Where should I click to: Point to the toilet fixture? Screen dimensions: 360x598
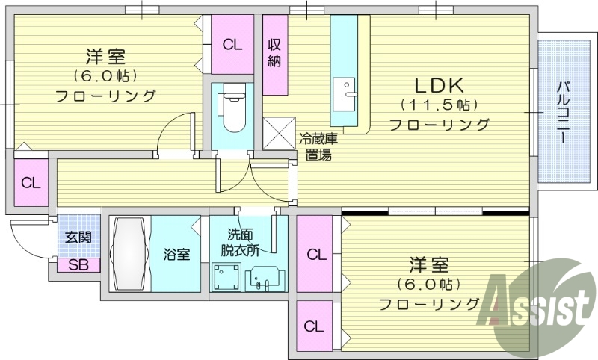coord(233,112)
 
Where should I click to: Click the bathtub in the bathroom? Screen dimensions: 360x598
coord(130,253)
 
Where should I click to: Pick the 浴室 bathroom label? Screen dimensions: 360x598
coord(176,254)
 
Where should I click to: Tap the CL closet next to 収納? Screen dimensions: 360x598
coord(232,44)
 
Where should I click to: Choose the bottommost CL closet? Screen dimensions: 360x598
coord(314,326)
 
